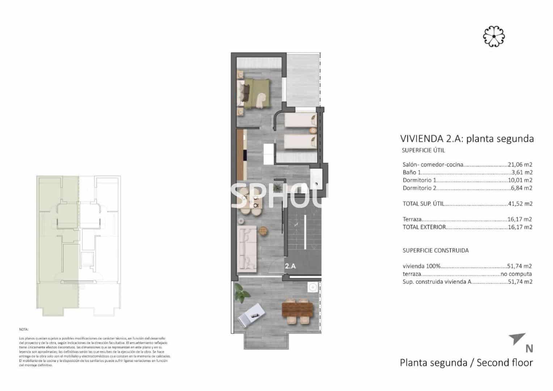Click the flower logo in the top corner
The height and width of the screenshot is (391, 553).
[x=494, y=36]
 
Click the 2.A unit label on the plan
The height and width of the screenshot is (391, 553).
[x=290, y=266]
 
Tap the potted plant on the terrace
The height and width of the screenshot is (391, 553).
[x=240, y=292]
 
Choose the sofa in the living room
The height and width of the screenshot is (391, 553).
[x=247, y=249]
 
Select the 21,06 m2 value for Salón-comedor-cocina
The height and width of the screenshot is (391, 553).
[x=520, y=164]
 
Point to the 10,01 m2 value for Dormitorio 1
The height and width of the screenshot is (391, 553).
[x=520, y=180]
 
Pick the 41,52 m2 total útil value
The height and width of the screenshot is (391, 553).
[x=520, y=203]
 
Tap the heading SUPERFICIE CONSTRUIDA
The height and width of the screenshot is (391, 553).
[x=435, y=250]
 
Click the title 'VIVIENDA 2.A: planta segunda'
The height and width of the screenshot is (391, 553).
[x=467, y=139]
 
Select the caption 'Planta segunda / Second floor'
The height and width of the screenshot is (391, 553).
[x=466, y=362]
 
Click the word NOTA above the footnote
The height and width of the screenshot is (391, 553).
[x=24, y=329]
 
